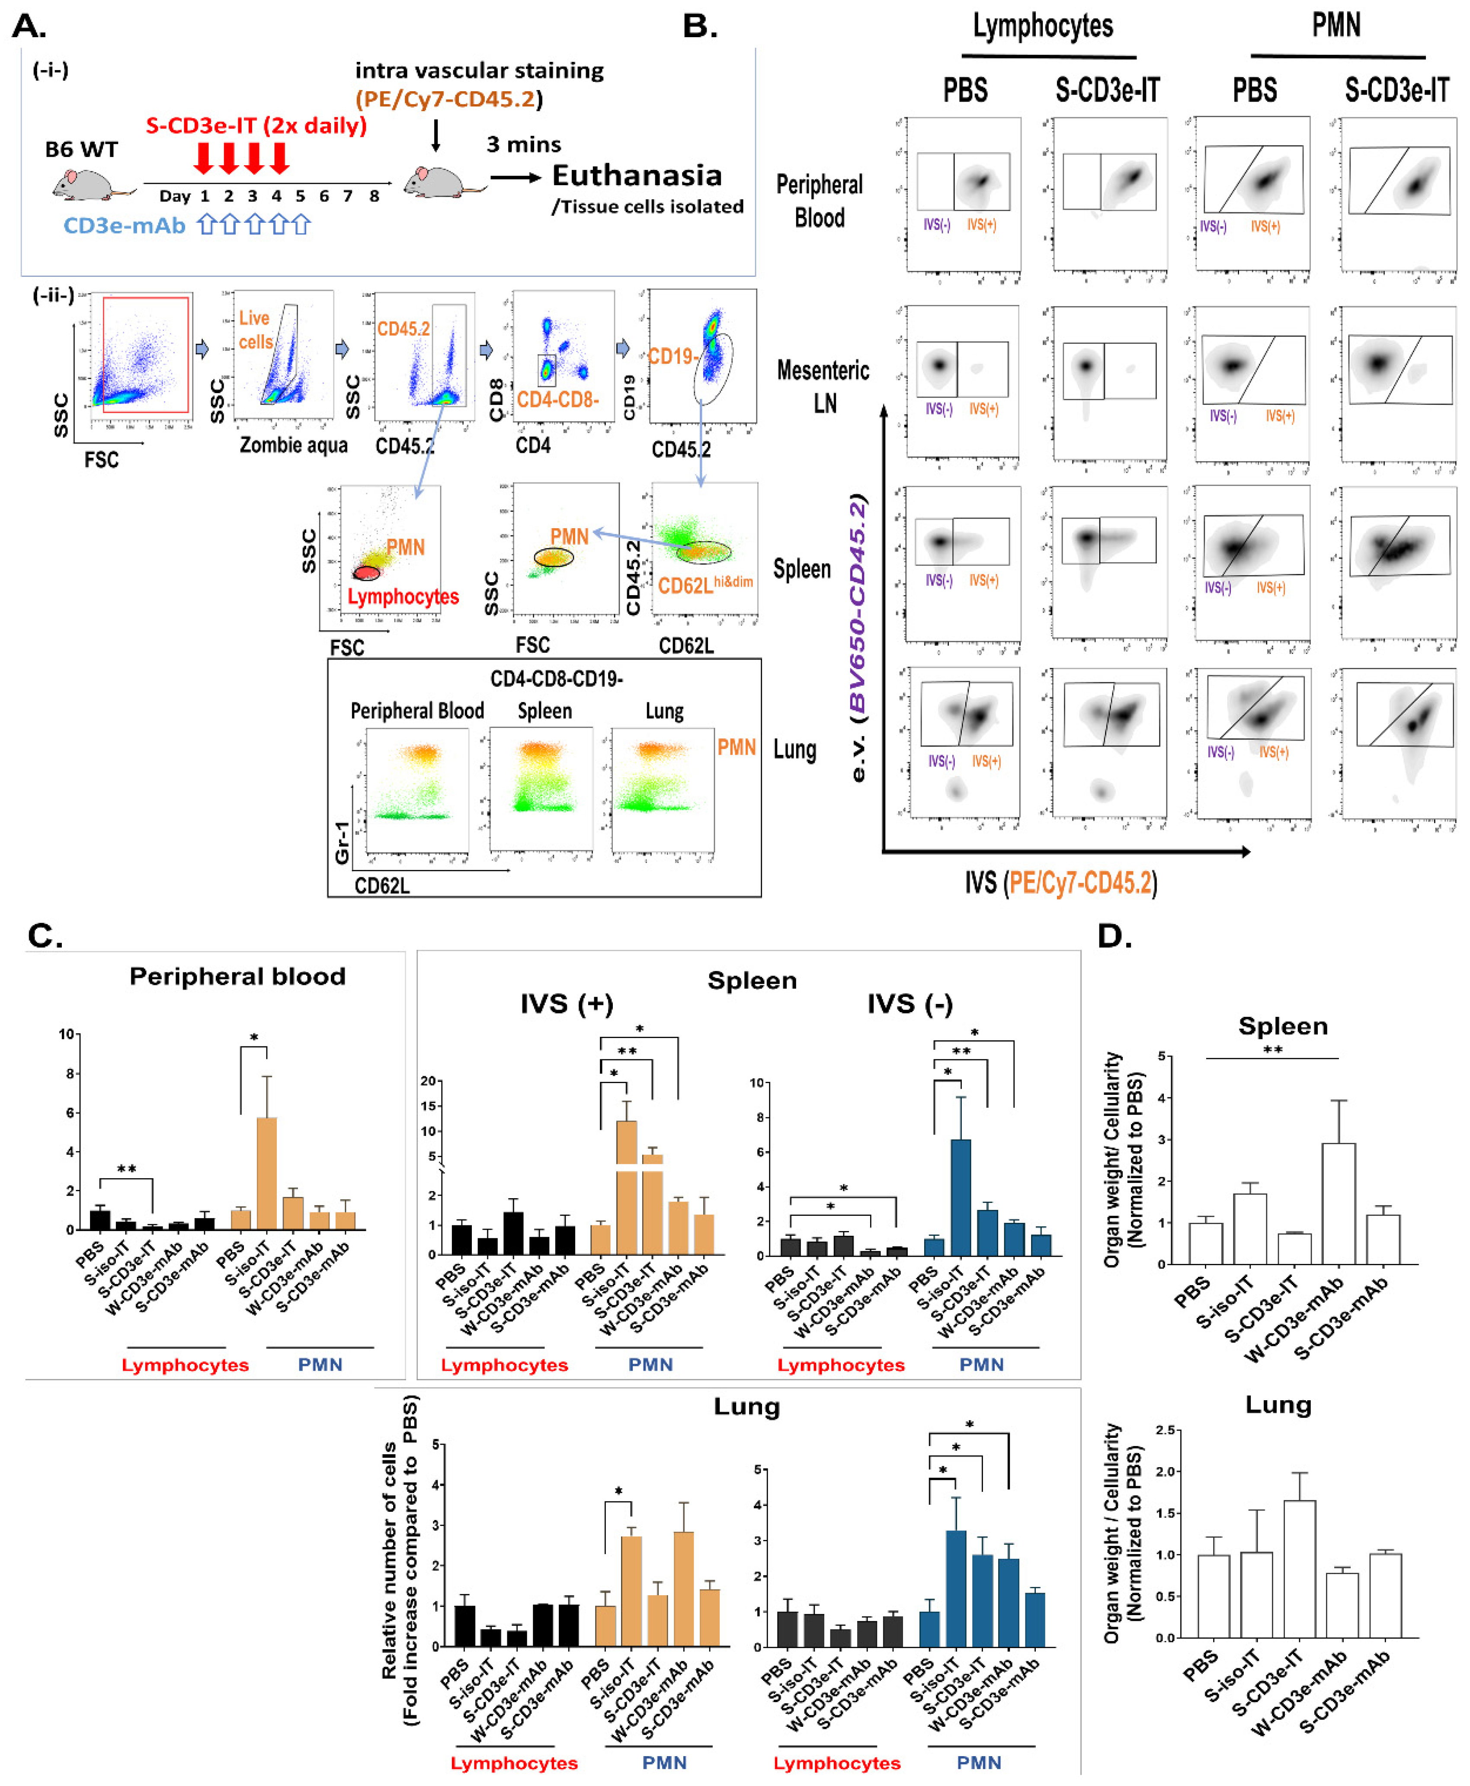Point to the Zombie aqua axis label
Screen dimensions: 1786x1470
click(x=293, y=446)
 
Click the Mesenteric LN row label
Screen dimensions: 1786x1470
click(x=823, y=386)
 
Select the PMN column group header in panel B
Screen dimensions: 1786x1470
click(x=1336, y=26)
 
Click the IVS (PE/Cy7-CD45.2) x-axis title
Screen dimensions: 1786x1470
click(x=1060, y=883)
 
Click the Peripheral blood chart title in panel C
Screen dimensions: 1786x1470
click(x=237, y=976)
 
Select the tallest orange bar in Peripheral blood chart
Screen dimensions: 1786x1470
click(x=266, y=1173)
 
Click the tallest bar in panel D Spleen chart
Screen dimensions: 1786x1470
click(x=1338, y=1202)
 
